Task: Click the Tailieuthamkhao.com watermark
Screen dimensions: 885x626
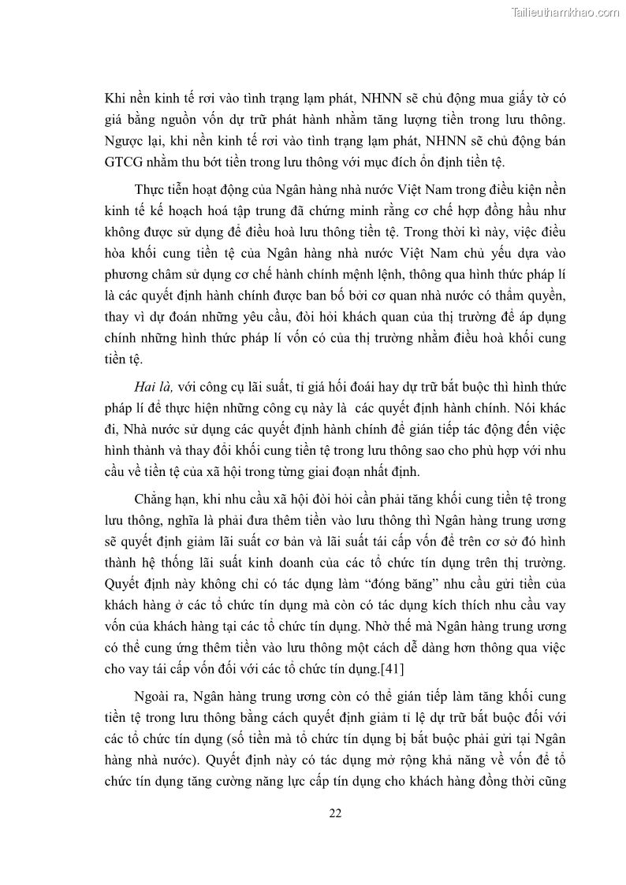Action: pos(565,12)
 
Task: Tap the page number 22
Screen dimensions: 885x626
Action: pos(334,813)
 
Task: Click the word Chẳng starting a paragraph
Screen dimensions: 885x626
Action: pos(160,499)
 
